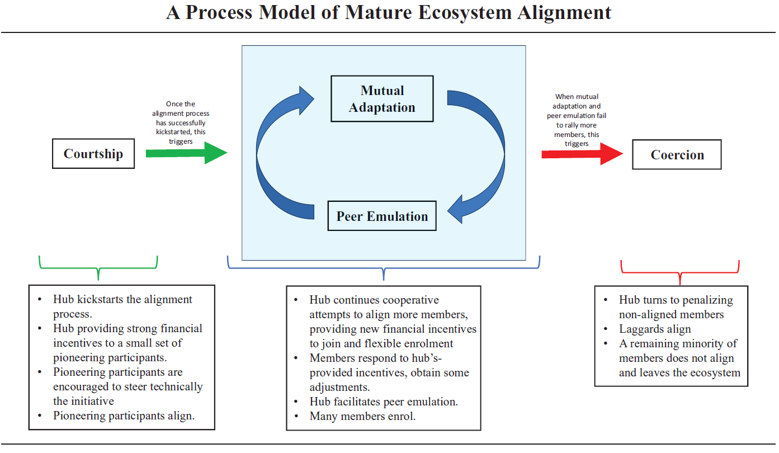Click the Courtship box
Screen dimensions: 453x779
click(x=93, y=154)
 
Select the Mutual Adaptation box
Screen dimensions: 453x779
click(x=382, y=99)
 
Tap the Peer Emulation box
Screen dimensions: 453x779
click(x=382, y=216)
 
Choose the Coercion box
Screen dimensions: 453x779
click(x=677, y=155)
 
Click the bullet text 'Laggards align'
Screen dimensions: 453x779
click(x=655, y=329)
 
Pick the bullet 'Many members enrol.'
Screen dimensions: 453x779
click(x=362, y=416)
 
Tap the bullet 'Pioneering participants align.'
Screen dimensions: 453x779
click(x=124, y=416)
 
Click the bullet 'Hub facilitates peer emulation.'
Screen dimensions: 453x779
click(x=384, y=402)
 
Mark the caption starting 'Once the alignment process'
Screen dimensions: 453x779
click(x=181, y=122)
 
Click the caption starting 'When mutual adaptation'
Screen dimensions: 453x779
click(x=577, y=120)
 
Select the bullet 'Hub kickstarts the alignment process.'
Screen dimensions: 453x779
click(x=122, y=306)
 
